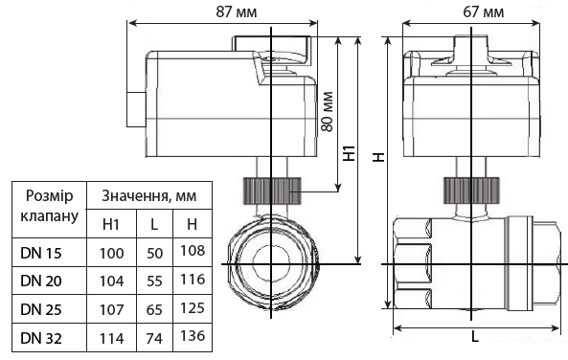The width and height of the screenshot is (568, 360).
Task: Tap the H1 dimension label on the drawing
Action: coord(350,153)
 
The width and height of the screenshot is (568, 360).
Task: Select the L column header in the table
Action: coord(153,225)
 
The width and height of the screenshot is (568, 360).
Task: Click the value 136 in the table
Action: coord(192,336)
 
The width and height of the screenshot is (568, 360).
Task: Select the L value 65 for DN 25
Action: coord(153,310)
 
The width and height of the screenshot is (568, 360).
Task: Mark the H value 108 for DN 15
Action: coord(192,251)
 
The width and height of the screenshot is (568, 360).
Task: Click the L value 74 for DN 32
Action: coord(153,338)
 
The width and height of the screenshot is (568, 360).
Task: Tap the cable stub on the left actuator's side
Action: coord(131,107)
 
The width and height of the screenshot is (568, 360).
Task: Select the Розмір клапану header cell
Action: coord(47,205)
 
